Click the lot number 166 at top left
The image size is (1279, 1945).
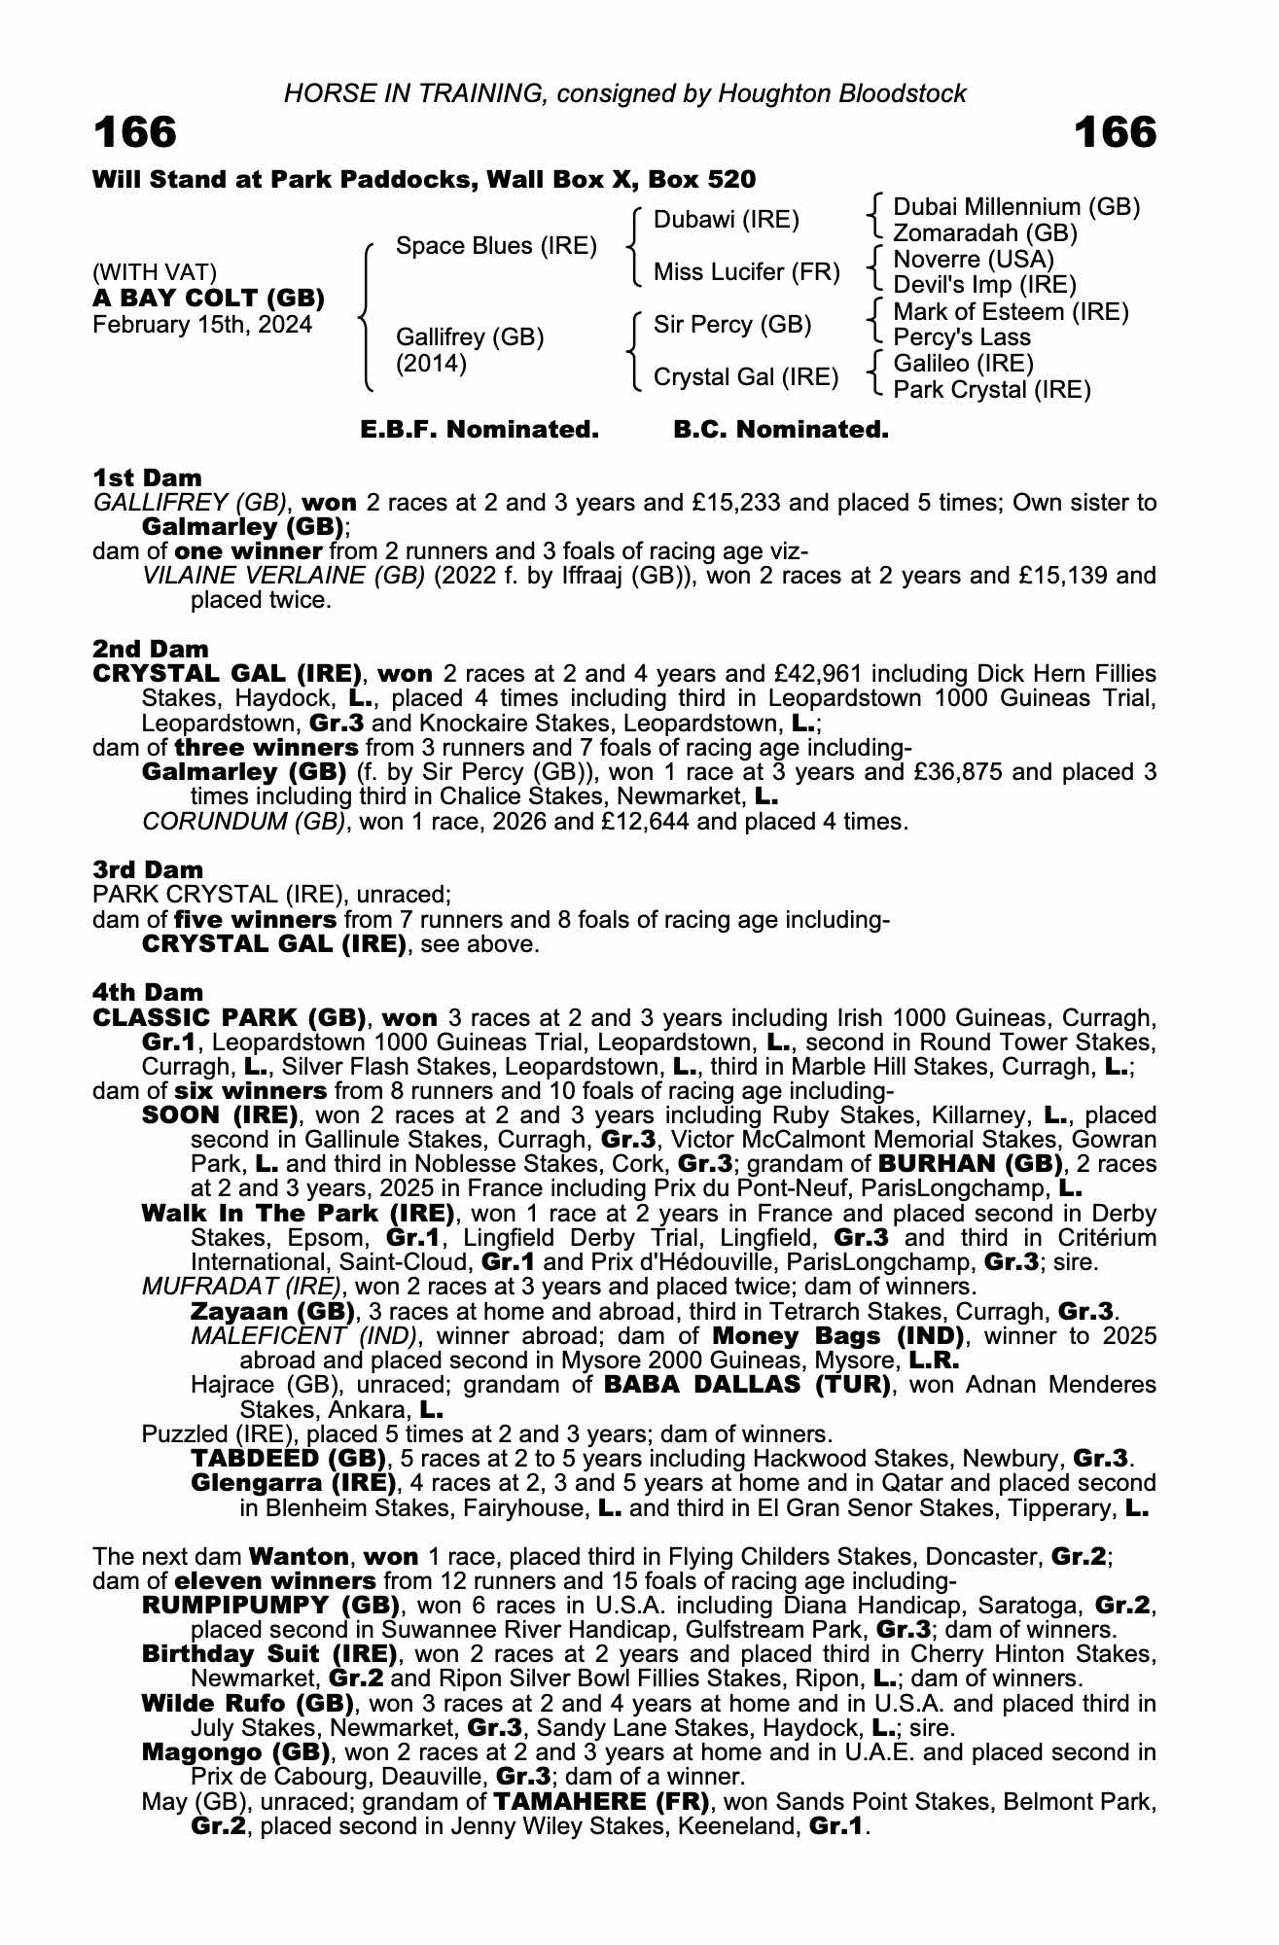tap(135, 132)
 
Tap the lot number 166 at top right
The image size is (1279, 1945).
tap(1116, 132)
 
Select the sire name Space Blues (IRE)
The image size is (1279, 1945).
tap(496, 246)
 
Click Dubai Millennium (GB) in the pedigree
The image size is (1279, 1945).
tap(1016, 207)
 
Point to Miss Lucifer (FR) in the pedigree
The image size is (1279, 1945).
tap(746, 272)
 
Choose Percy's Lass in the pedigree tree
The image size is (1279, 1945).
tap(961, 337)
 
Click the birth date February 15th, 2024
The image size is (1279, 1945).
tap(202, 325)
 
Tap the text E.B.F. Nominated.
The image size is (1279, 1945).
tap(480, 430)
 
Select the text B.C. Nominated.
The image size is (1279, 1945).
tap(781, 430)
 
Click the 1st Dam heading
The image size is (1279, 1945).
tap(147, 477)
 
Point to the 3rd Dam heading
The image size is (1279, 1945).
tap(148, 869)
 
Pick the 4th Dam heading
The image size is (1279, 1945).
tap(148, 992)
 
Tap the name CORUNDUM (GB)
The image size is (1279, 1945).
tap(243, 822)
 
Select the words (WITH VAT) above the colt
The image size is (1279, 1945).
tap(155, 272)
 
